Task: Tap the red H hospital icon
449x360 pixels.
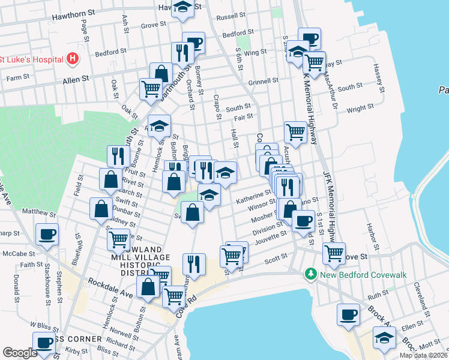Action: coord(73,59)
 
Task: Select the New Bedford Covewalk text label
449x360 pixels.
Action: coord(364,274)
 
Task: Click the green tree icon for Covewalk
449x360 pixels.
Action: coord(310,274)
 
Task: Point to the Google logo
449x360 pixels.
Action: coord(20,353)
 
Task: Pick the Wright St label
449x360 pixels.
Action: coord(360,109)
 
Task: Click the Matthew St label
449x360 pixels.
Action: coord(38,212)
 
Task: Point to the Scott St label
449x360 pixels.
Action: coord(276,260)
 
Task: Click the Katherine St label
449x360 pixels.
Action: coord(253,197)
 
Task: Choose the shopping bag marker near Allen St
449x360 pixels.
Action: coord(161,73)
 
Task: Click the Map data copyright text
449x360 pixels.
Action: coord(424,355)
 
